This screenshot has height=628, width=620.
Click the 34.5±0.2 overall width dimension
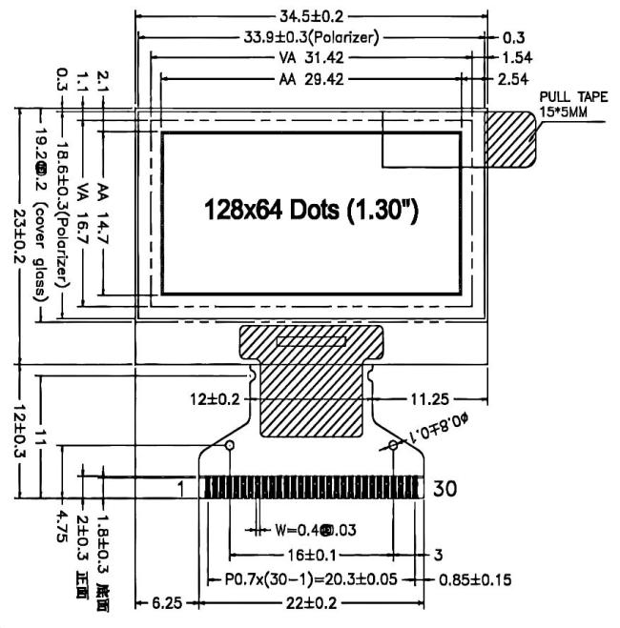tap(311, 17)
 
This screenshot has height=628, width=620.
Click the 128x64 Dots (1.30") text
tap(313, 209)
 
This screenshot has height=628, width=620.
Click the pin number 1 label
tap(179, 488)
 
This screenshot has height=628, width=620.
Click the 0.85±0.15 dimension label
tap(475, 578)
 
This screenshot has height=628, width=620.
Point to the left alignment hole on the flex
tap(229, 445)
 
